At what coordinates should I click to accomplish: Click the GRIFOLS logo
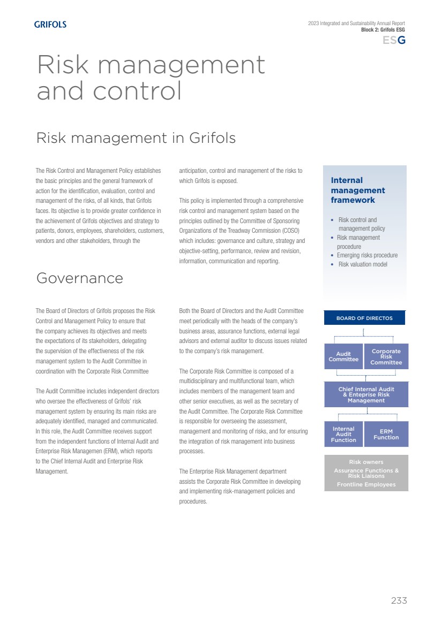[x=50, y=24]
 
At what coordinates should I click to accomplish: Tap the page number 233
[x=399, y=600]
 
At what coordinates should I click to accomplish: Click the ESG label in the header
[x=394, y=40]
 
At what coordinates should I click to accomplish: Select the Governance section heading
[x=79, y=278]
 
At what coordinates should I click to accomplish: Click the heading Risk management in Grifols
[x=136, y=138]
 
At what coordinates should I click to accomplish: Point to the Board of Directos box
[x=364, y=318]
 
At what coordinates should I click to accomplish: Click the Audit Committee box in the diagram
[x=343, y=357]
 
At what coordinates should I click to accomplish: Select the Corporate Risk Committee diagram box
[x=386, y=357]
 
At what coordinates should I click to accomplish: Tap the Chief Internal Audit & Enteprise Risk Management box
[x=366, y=395]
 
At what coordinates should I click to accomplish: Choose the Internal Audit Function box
[x=343, y=434]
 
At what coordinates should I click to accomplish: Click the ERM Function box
[x=386, y=434]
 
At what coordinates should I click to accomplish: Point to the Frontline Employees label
[x=366, y=485]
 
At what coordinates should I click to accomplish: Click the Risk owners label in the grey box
[x=366, y=462]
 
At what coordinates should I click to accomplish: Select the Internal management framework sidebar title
[x=358, y=190]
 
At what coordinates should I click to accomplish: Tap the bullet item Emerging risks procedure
[x=367, y=255]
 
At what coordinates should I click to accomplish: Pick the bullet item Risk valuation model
[x=363, y=264]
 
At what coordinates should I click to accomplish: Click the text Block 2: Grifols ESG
[x=383, y=30]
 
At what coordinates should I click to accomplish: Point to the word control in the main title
[x=137, y=91]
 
